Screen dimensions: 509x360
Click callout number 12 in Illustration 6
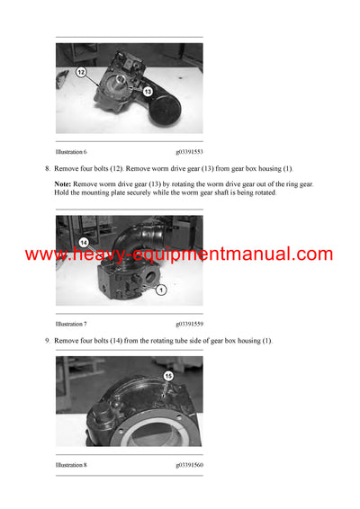click(x=80, y=71)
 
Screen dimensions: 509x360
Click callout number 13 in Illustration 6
click(x=147, y=91)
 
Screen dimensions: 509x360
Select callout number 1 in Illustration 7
click(x=160, y=290)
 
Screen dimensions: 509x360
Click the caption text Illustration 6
click(x=72, y=153)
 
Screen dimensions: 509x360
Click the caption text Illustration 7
click(x=72, y=323)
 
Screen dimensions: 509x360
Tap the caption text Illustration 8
click(x=72, y=465)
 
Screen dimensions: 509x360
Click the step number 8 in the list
click(x=47, y=169)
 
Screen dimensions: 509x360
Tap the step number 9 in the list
click(x=47, y=340)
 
